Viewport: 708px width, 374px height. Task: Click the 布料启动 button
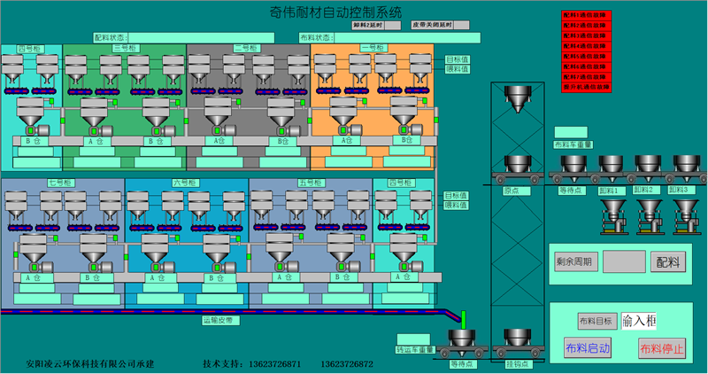click(588, 348)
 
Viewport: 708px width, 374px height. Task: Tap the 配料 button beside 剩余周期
click(668, 262)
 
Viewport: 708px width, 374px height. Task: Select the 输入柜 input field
click(639, 321)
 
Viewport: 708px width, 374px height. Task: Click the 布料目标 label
click(595, 322)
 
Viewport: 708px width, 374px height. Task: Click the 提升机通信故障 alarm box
click(587, 88)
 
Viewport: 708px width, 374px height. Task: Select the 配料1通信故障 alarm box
click(587, 16)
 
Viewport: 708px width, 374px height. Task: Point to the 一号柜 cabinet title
click(373, 48)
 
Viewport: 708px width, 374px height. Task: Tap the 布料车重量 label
click(573, 144)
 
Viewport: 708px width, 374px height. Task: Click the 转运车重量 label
click(416, 350)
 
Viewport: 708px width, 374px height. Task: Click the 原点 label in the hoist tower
click(511, 189)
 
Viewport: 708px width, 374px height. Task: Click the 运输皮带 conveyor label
click(216, 319)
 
